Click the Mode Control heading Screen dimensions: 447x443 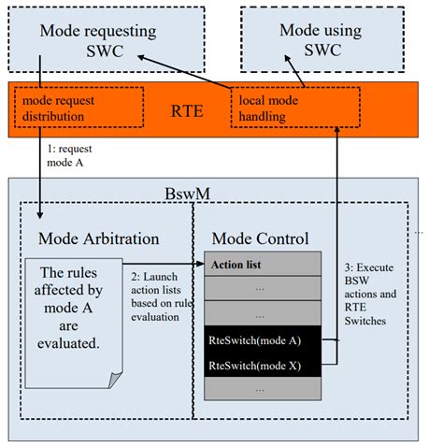pos(260,238)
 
